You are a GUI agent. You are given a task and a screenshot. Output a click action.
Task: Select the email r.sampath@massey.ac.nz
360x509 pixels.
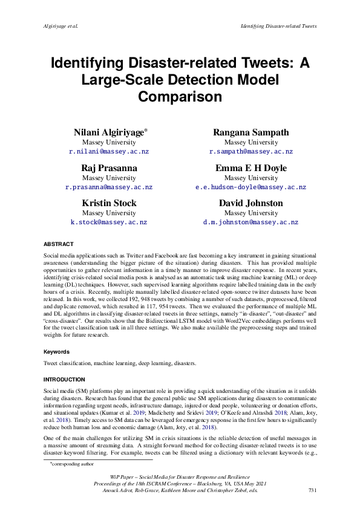click(251, 152)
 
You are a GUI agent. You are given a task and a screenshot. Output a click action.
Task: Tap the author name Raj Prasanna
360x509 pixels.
click(109, 168)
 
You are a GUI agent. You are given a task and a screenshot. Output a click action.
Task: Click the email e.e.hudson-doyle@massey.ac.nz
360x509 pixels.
click(251, 187)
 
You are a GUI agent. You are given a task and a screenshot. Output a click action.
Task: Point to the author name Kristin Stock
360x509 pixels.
click(109, 203)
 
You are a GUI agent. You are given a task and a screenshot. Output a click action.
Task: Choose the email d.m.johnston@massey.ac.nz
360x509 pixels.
click(251, 222)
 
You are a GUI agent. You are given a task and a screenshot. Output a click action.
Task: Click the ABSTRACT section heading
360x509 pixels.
click(58, 244)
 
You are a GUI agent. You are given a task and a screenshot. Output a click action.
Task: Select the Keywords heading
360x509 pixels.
click(56, 351)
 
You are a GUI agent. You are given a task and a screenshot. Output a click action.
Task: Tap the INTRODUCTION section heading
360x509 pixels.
click(64, 379)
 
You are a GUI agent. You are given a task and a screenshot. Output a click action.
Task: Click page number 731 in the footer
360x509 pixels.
click(313, 490)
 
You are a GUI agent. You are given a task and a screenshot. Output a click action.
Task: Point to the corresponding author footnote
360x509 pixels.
click(68, 464)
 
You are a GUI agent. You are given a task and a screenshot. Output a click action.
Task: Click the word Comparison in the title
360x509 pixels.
click(180, 96)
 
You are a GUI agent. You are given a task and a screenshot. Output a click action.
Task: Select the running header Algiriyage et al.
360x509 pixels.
click(63, 26)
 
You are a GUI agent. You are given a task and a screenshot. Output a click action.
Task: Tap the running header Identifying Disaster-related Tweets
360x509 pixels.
click(278, 26)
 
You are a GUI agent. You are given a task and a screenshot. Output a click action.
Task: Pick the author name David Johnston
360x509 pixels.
click(251, 203)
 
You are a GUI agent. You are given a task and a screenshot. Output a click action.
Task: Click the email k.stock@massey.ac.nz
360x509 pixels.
click(109, 222)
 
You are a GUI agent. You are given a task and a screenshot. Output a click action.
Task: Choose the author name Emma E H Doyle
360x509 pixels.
click(251, 168)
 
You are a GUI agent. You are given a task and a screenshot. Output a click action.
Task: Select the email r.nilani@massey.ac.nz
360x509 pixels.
click(109, 152)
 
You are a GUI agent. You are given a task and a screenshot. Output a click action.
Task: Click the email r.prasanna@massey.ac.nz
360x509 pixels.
click(109, 187)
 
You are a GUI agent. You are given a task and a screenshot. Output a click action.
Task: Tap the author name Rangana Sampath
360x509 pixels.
click(251, 132)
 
